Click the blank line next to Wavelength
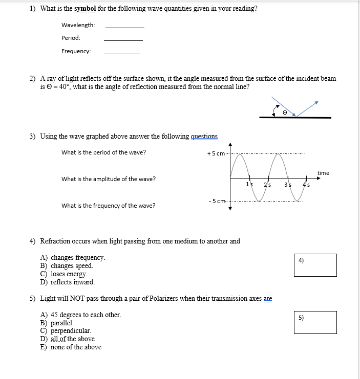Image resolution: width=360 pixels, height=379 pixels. (124, 27)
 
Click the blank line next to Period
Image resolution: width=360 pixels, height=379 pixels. (123, 39)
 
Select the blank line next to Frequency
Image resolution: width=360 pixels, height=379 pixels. (121, 53)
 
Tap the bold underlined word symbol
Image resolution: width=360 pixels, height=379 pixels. (85, 9)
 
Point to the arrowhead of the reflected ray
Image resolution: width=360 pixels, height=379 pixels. (316, 102)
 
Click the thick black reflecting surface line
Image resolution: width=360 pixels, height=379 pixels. (295, 118)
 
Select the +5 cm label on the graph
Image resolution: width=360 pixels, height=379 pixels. (216, 154)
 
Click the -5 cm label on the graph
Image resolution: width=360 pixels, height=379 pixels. (217, 200)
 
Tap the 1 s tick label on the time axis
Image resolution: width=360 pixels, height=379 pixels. (249, 184)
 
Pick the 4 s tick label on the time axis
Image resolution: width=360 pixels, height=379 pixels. (306, 184)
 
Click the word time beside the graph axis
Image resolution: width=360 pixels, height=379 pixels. (323, 173)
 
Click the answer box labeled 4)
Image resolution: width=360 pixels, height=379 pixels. (315, 264)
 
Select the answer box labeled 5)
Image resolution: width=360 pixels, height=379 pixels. (315, 322)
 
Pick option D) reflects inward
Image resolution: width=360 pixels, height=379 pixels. (67, 282)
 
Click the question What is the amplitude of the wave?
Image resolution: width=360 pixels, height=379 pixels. (109, 179)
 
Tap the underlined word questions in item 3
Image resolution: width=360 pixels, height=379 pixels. (204, 136)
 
